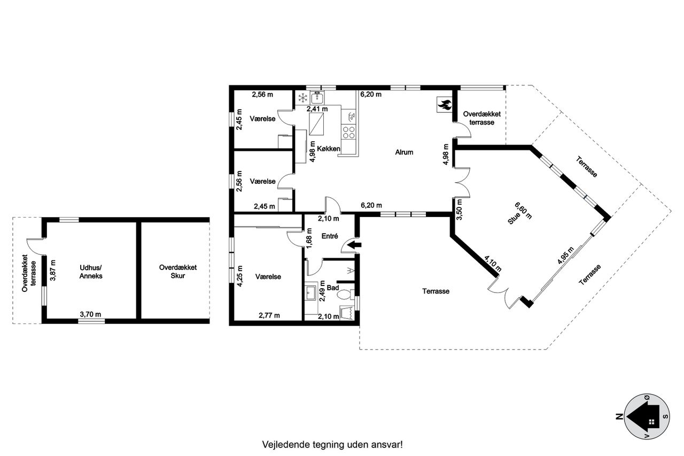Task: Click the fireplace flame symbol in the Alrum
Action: click(444, 105)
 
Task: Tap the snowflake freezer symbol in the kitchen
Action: click(302, 98)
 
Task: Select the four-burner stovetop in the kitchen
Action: click(348, 132)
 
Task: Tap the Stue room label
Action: click(514, 219)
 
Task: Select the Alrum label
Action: click(404, 152)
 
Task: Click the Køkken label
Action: click(329, 149)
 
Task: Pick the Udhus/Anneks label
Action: click(91, 272)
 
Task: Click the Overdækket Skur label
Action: click(178, 272)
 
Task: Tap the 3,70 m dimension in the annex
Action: click(90, 314)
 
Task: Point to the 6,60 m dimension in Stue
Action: click(523, 211)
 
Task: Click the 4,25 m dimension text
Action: click(240, 276)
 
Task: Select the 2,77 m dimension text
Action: click(269, 315)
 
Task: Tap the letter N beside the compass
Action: click(619, 416)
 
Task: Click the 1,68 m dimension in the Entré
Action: click(309, 238)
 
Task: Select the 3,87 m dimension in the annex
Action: click(53, 270)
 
